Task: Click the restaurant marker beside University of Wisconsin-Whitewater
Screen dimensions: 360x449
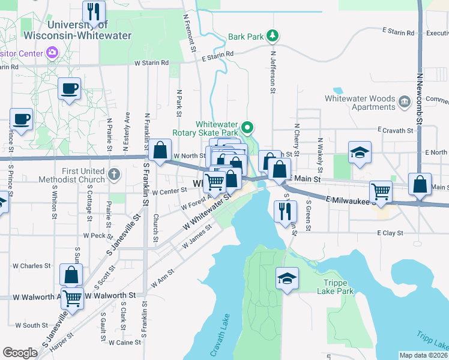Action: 94,12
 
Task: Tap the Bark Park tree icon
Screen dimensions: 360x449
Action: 273,37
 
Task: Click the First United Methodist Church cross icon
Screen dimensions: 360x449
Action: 114,175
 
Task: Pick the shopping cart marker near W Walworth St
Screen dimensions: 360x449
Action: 73,297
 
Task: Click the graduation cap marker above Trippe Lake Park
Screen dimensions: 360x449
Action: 288,278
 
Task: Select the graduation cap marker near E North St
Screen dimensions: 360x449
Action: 360,153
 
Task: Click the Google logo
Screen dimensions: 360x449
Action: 20,353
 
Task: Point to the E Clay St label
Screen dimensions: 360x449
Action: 388,233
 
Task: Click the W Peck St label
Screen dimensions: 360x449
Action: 94,236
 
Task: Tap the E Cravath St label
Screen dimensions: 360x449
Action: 396,130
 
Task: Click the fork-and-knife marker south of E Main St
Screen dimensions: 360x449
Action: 285,211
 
